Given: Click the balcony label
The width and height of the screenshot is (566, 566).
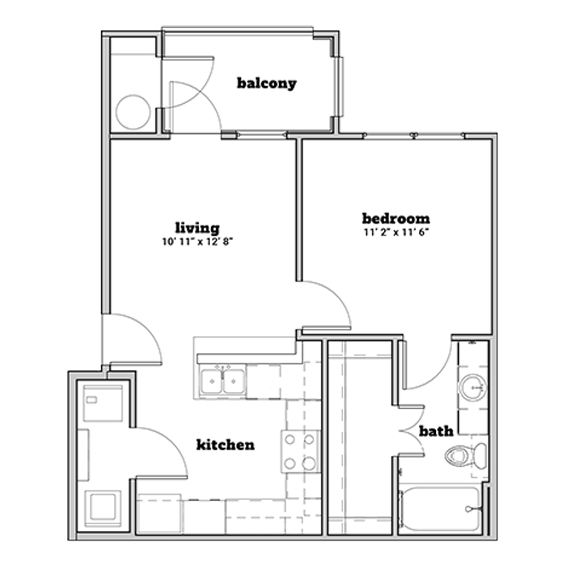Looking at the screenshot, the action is [267, 84].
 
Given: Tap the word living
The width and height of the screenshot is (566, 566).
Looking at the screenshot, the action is [197, 228].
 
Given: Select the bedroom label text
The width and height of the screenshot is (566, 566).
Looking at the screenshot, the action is [396, 218].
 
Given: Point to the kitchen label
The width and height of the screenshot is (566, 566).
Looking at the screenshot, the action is [225, 445].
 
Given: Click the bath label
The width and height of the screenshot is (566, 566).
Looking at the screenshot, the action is [436, 431].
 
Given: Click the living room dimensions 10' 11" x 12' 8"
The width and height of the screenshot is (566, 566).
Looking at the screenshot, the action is [197, 242].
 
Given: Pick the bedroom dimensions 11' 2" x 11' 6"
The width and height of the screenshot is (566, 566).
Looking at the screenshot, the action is [396, 232].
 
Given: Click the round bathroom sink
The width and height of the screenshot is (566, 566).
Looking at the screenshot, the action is [472, 387].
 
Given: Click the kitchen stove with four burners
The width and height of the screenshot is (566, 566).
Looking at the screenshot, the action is [301, 451].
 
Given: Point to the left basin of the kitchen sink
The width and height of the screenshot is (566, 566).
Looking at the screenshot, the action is [213, 381].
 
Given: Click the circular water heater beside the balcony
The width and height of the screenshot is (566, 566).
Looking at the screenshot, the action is [133, 112].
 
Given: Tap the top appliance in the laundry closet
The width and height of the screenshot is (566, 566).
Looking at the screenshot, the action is [103, 403].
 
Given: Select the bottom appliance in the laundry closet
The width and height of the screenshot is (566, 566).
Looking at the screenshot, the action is [103, 508].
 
